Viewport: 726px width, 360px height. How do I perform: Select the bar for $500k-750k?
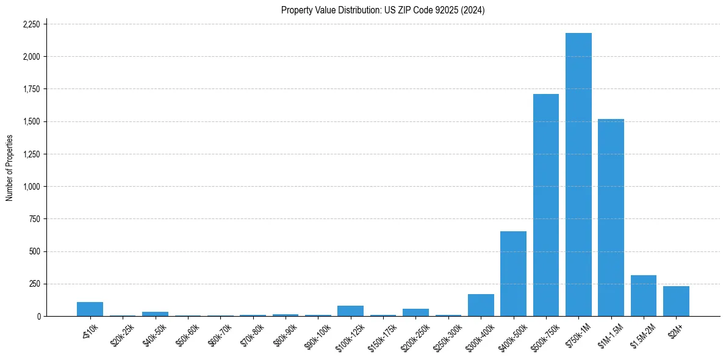(x=546, y=205)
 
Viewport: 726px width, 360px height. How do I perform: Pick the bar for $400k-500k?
(x=513, y=274)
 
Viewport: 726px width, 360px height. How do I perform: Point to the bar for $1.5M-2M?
(x=644, y=296)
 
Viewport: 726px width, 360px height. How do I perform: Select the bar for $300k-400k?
(x=481, y=305)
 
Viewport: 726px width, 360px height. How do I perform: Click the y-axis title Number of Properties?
(x=10, y=168)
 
